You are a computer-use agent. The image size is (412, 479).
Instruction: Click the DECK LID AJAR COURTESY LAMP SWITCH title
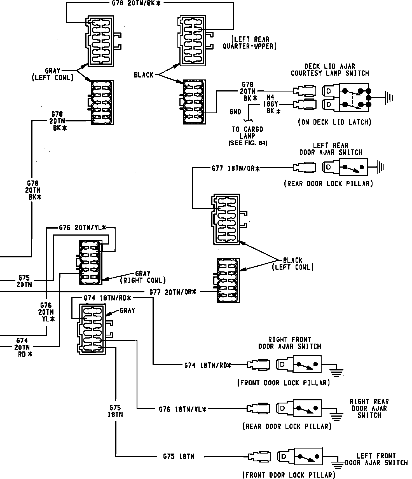(330, 70)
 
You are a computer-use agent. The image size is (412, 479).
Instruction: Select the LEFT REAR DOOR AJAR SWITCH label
(331, 149)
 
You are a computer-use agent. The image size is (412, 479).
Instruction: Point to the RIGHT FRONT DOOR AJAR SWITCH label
(289, 343)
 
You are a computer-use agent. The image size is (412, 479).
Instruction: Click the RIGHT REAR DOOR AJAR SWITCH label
(369, 408)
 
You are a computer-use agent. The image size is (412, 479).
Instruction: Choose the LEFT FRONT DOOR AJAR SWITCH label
(376, 459)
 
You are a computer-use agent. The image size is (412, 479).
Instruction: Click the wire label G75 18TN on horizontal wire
(179, 457)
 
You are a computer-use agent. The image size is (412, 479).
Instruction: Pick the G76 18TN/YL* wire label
(182, 409)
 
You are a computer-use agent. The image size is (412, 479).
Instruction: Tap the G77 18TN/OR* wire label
(235, 168)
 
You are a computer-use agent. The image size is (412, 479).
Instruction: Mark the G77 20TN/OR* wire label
(173, 292)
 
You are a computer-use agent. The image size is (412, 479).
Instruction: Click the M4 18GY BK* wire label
(271, 104)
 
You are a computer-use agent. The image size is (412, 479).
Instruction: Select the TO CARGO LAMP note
(247, 133)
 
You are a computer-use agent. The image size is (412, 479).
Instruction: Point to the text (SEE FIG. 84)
(248, 143)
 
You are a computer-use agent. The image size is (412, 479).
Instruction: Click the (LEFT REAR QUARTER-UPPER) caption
(250, 43)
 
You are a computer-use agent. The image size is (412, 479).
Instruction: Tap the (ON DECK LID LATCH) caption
(334, 122)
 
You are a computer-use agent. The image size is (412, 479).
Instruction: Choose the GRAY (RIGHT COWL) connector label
(143, 277)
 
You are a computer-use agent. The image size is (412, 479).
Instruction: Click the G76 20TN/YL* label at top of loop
(83, 228)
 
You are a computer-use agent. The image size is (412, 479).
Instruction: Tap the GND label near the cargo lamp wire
(235, 112)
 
